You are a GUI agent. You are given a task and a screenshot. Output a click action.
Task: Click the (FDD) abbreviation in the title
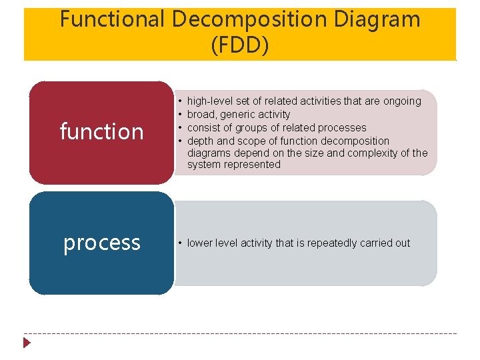click(239, 45)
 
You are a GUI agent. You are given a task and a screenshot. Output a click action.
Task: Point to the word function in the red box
click(101, 131)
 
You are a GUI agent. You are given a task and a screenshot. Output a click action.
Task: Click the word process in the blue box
click(101, 243)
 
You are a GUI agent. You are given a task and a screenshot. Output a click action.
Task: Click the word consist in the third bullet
click(205, 127)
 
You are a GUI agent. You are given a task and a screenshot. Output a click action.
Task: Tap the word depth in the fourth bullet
click(201, 141)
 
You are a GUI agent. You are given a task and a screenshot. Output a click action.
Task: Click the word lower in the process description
click(201, 243)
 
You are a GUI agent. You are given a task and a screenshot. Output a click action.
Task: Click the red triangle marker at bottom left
click(27, 343)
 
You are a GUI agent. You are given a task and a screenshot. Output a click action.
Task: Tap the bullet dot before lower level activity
click(180, 243)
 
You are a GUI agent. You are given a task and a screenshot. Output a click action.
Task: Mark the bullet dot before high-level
click(180, 101)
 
